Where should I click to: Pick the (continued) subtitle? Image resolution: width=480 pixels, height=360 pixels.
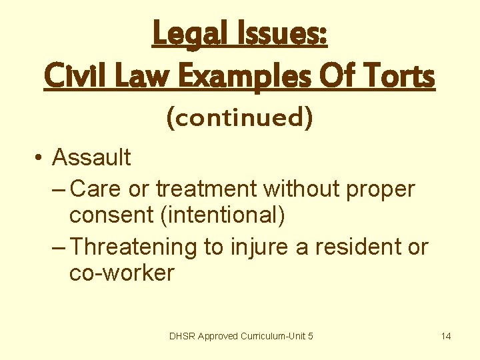point(239,118)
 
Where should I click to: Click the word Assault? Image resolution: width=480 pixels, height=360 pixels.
point(91,158)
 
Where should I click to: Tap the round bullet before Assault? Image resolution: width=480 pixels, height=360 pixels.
point(41,159)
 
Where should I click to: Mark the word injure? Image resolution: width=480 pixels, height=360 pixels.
point(255,247)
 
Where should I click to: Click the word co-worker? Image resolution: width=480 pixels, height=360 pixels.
point(121,273)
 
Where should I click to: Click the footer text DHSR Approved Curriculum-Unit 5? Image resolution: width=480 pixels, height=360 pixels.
point(241,336)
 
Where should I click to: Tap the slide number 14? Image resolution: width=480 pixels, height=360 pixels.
point(446,336)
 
